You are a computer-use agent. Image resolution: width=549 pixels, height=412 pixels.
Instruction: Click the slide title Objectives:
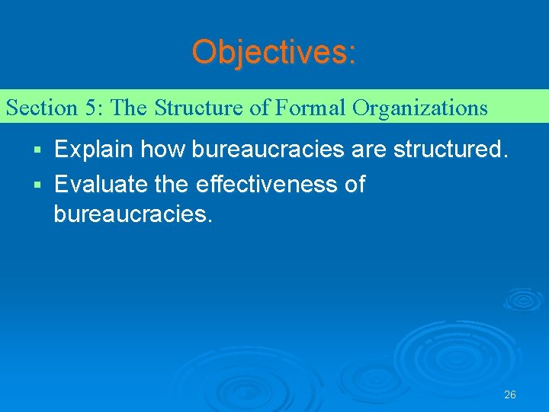click(274, 53)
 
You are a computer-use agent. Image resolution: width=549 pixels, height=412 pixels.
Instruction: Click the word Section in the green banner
click(41, 108)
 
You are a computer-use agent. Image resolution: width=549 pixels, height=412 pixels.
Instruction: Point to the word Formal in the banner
click(310, 108)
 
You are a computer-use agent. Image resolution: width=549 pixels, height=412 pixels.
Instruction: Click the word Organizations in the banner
click(419, 108)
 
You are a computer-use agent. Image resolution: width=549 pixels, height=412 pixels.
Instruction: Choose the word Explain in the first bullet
click(95, 150)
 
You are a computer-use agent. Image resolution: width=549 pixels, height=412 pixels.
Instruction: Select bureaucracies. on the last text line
click(133, 214)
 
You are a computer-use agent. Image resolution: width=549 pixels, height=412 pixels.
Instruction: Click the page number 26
click(510, 394)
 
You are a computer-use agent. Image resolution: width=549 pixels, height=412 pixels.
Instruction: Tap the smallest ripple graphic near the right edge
click(523, 298)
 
